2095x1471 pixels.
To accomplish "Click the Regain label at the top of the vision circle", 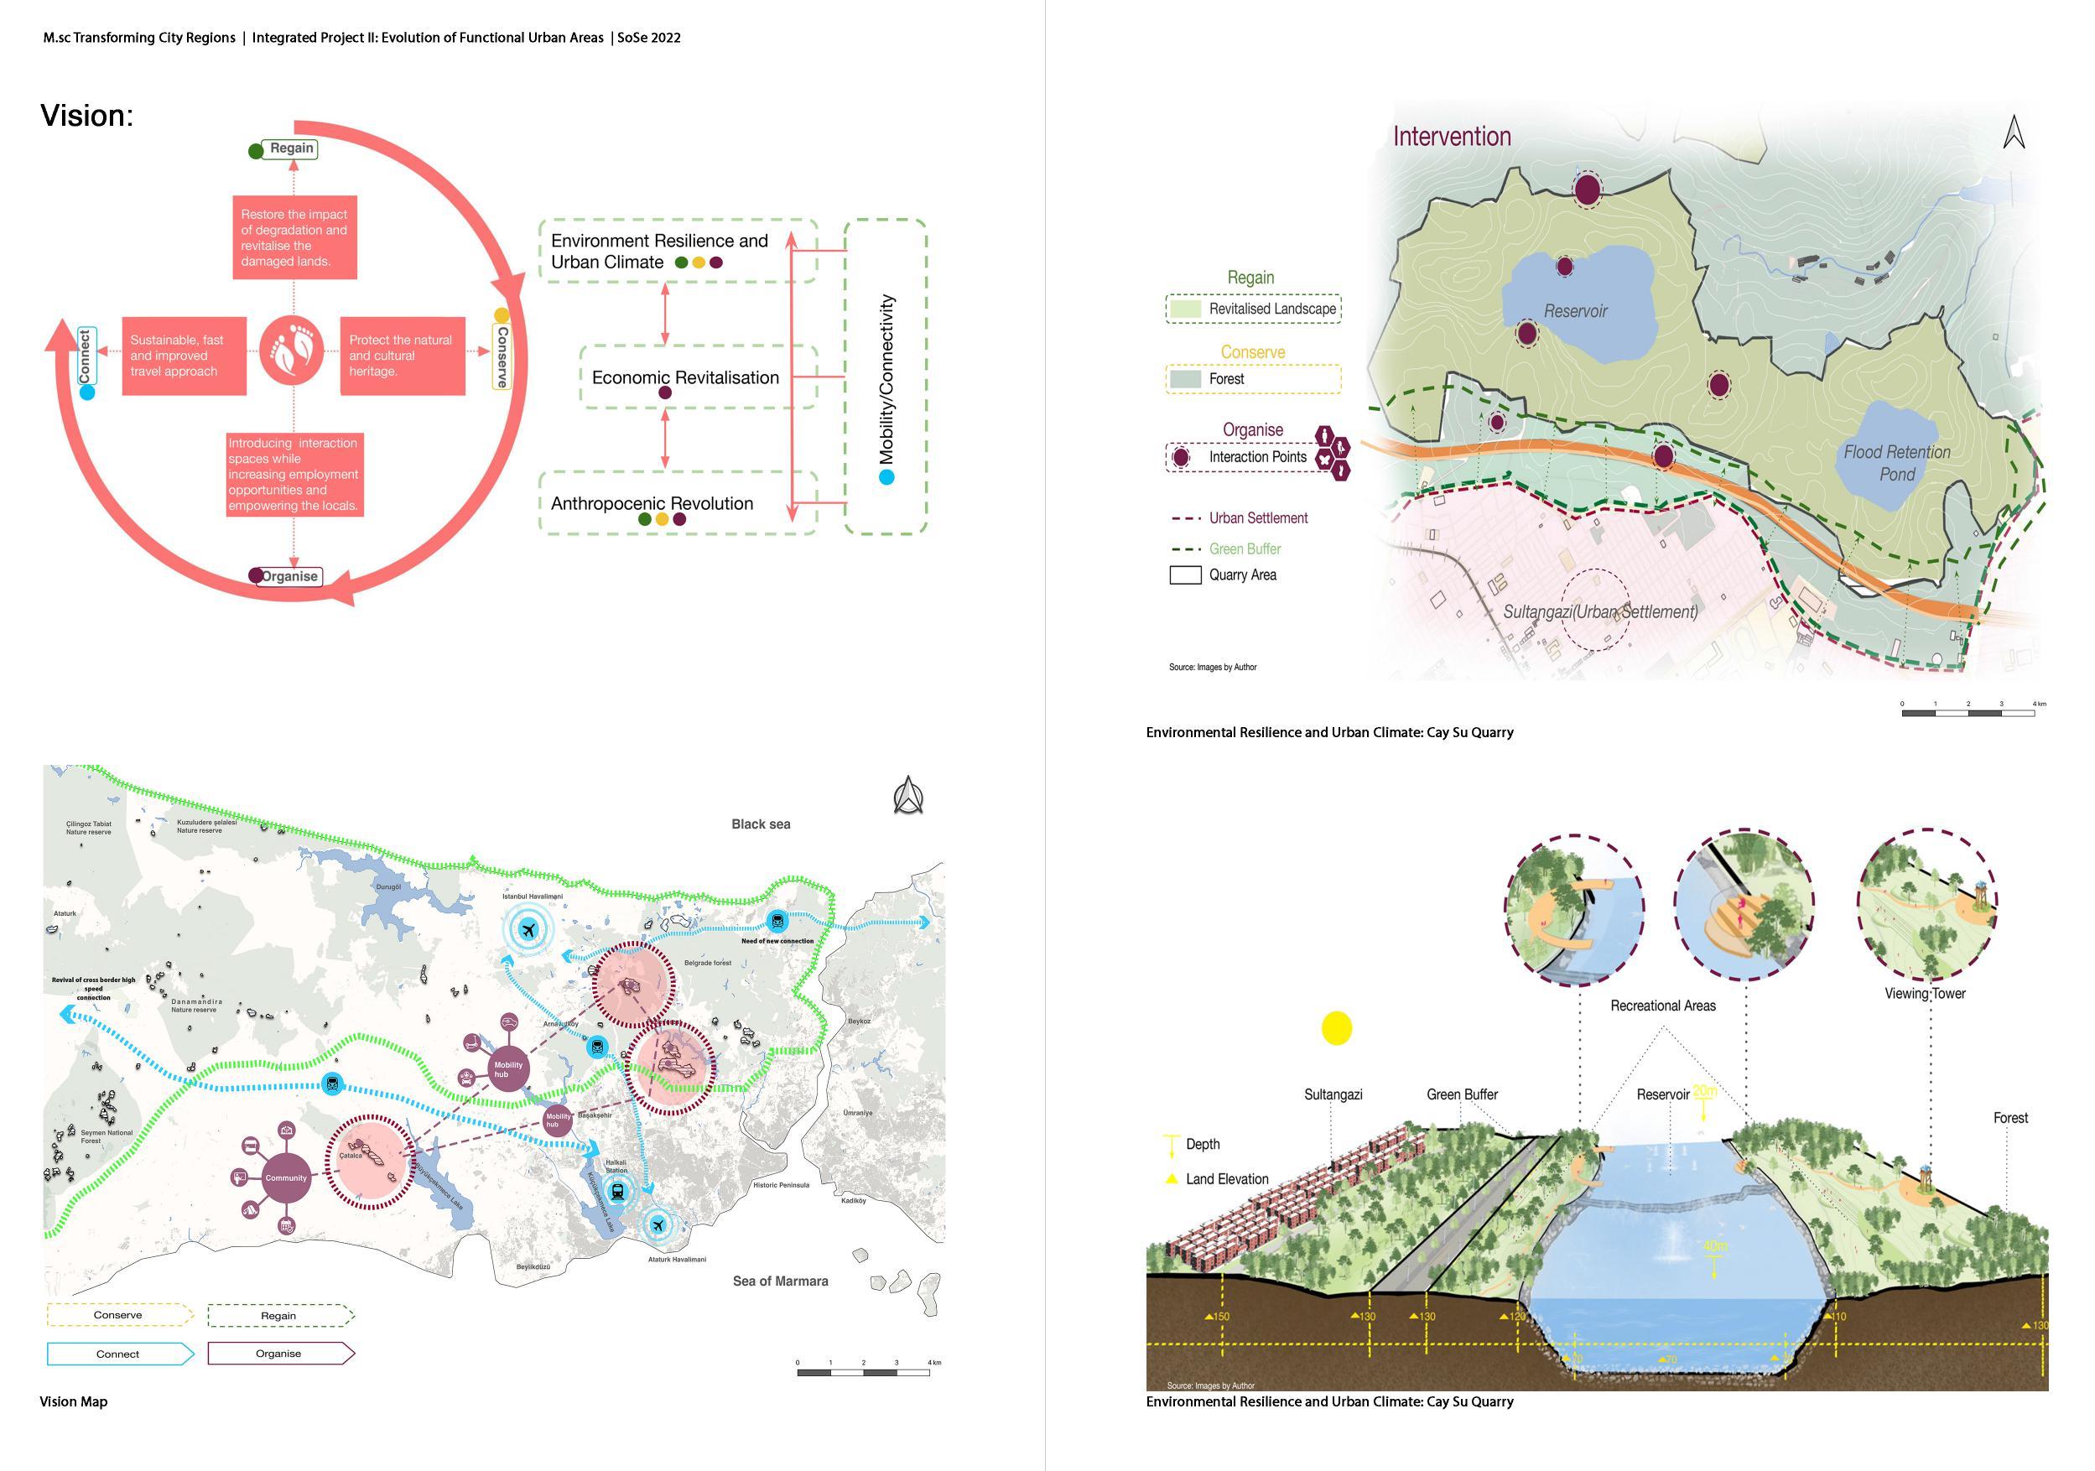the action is [x=290, y=148].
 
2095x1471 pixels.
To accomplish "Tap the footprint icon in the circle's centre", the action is [x=292, y=349].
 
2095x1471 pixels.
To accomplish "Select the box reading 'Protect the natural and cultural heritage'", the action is [x=403, y=356].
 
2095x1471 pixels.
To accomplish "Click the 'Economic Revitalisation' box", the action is [x=685, y=377].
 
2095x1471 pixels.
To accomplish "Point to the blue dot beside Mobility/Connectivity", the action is [x=886, y=477].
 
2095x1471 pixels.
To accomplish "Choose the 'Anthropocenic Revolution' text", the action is [x=652, y=504].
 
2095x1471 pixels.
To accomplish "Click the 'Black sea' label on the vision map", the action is [x=760, y=824].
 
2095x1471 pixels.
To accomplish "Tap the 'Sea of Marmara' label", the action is [x=780, y=1281].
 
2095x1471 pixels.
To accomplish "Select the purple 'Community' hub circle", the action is [x=286, y=1178].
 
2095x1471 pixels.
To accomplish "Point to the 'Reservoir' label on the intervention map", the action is [x=1575, y=311].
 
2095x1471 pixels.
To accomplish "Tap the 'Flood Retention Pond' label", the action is [x=1896, y=463].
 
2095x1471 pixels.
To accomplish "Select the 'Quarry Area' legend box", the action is [x=1185, y=574].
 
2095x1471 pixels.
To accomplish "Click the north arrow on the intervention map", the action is [x=2014, y=133].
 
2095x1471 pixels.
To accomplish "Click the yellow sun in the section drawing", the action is [x=1337, y=1028].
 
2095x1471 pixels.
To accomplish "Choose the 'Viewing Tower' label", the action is [x=1925, y=994].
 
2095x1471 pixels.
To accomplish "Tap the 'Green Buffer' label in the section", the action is [x=1462, y=1094].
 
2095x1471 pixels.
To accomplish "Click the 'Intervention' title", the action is [x=1451, y=137].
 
